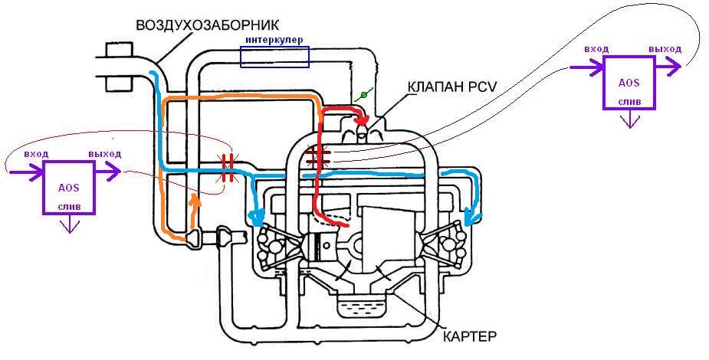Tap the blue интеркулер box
(x=274, y=57)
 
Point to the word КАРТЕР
(x=470, y=336)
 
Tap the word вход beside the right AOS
(x=596, y=48)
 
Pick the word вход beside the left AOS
(x=37, y=154)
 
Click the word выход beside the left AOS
(x=105, y=154)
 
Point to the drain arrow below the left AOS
(x=70, y=224)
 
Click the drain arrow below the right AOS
(x=629, y=120)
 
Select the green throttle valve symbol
(x=365, y=96)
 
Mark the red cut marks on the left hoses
(x=227, y=168)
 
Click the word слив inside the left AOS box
(x=69, y=208)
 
